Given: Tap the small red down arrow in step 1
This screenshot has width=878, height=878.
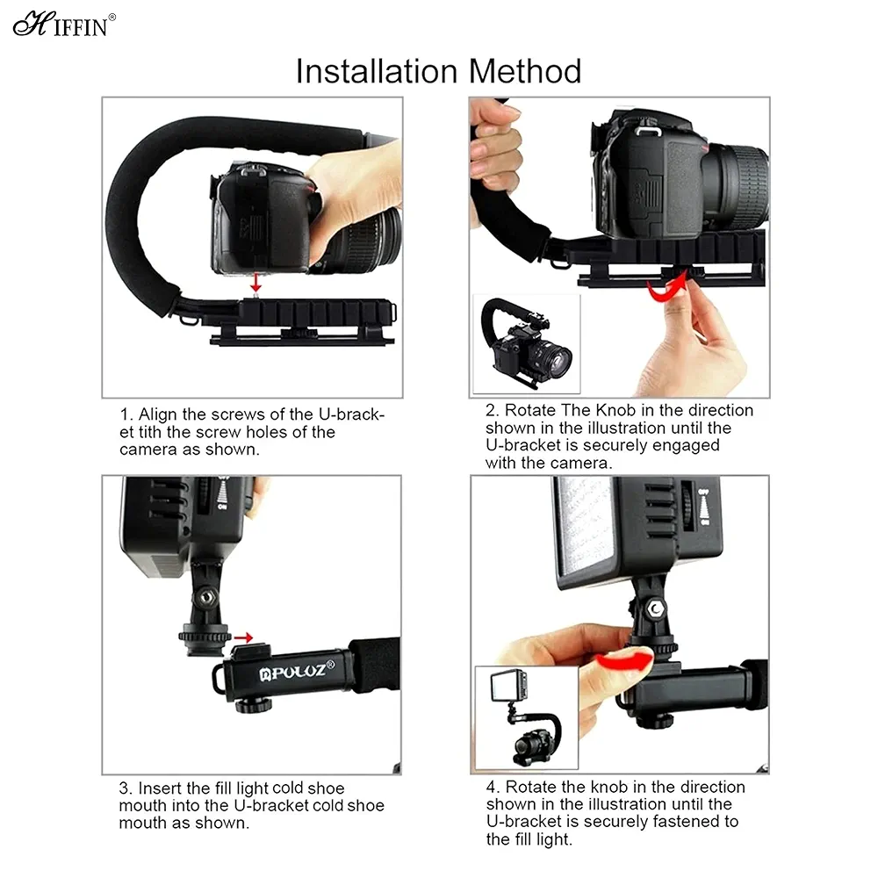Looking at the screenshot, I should click(255, 282).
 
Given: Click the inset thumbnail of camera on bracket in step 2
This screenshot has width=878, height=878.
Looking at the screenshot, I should click(527, 345).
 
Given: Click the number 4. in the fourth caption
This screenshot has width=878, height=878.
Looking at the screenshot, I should click(493, 787).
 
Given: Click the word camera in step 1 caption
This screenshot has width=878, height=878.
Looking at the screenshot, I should click(147, 449).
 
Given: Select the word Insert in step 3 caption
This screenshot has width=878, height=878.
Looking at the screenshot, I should click(161, 788).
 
